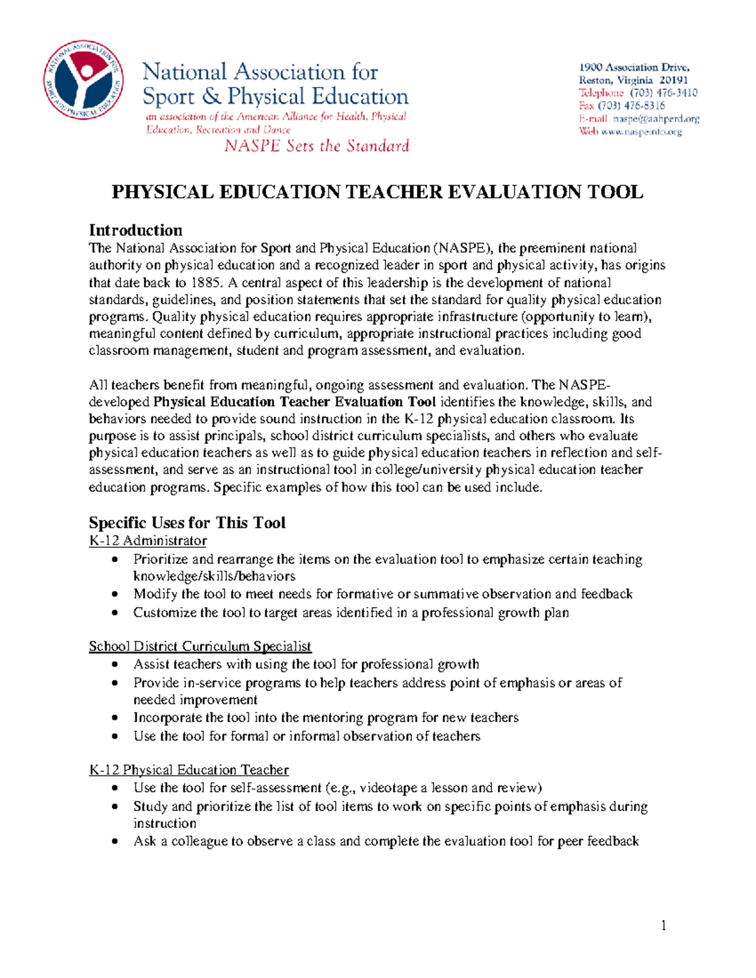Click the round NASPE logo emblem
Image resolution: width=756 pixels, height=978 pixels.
[83, 81]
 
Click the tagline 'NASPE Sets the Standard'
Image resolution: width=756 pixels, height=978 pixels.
[317, 146]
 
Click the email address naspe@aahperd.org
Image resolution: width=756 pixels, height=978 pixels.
[656, 118]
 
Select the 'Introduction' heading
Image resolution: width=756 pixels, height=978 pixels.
[135, 230]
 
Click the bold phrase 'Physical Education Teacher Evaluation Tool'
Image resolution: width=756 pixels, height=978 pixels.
[294, 402]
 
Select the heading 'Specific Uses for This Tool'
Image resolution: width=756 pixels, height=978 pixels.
[187, 523]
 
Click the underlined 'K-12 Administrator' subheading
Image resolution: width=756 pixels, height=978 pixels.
[148, 540]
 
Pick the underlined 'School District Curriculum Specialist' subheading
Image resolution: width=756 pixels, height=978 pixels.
[200, 646]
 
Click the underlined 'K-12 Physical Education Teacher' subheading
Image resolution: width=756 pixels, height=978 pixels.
[189, 770]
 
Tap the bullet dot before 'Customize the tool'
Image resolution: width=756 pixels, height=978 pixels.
[114, 613]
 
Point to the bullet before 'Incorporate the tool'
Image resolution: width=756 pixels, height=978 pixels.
[114, 718]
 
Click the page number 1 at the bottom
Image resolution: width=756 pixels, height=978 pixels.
[663, 925]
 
